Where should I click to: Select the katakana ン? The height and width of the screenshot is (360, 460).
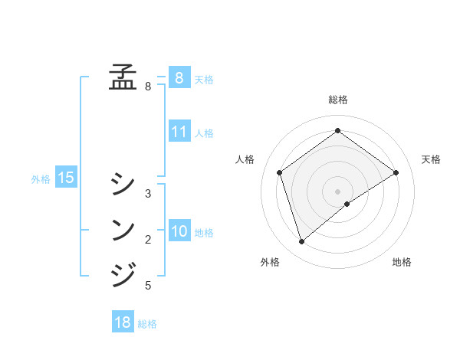click(123, 229)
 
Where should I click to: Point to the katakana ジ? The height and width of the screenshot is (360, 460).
click(123, 274)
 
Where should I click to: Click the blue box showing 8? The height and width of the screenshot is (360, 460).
click(179, 77)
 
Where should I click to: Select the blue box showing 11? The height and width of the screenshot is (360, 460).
click(179, 132)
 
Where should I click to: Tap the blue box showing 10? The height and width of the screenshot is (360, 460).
click(179, 231)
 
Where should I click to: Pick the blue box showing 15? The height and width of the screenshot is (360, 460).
click(66, 178)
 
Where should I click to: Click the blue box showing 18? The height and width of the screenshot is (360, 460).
click(123, 322)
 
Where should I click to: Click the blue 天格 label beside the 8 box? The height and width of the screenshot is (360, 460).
click(204, 79)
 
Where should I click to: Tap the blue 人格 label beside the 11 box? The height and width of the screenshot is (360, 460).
click(204, 133)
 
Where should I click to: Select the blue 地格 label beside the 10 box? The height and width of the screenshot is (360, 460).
click(204, 233)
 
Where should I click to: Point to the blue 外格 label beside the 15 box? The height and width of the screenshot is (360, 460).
click(41, 179)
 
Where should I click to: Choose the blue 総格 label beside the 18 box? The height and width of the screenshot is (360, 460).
click(147, 324)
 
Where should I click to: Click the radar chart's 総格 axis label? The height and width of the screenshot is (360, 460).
click(338, 100)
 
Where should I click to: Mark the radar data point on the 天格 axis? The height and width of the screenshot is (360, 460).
click(396, 172)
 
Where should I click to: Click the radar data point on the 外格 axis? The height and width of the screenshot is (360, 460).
click(302, 242)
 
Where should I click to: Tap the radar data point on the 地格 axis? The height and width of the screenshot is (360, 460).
click(347, 204)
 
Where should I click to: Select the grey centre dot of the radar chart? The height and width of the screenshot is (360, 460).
click(337, 191)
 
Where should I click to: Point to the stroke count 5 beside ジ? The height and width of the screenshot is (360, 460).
click(148, 286)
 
